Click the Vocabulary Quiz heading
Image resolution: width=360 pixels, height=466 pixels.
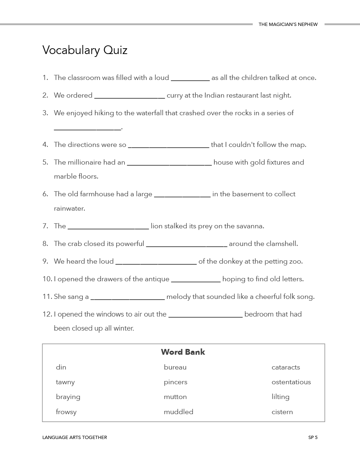tap(85, 50)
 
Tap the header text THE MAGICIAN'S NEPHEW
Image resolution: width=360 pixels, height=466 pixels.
tap(288, 24)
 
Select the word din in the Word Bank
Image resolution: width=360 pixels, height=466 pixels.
tap(61, 367)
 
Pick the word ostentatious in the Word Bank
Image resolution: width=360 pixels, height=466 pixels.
tap(291, 382)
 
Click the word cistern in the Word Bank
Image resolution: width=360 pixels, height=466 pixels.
tap(282, 412)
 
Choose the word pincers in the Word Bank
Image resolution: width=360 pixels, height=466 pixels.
tap(175, 382)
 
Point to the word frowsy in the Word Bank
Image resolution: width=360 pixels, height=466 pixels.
tap(66, 412)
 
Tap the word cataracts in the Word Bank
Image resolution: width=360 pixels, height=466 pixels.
tap(285, 367)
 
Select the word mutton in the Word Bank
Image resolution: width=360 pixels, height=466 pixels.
tap(175, 397)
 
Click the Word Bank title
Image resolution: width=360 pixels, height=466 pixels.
tap(183, 352)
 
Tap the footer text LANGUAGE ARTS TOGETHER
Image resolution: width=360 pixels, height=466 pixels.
tap(75, 438)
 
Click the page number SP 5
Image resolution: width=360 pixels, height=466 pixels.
tap(312, 438)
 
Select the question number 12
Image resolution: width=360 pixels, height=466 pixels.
tap(47, 314)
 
